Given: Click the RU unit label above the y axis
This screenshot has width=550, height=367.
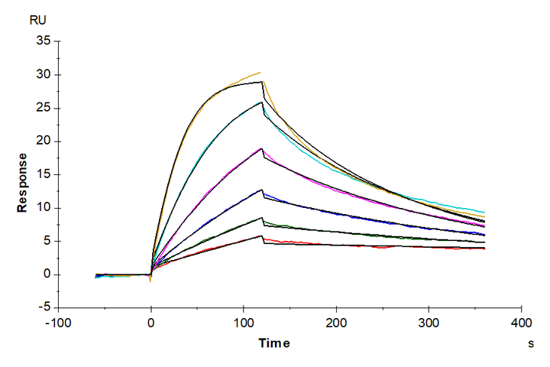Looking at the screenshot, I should pyautogui.click(x=37, y=21).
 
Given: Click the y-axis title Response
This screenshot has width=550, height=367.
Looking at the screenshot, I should pyautogui.click(x=24, y=181).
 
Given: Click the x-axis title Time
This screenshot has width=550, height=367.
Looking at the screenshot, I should pyautogui.click(x=273, y=343).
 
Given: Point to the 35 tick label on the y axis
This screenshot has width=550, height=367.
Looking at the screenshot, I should pyautogui.click(x=44, y=41).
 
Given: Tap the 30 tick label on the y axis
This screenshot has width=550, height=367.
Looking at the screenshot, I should pyautogui.click(x=44, y=75).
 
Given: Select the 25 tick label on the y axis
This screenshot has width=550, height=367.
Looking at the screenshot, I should pyautogui.click(x=44, y=108).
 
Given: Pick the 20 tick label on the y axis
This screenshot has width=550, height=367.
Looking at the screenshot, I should pyautogui.click(x=44, y=141).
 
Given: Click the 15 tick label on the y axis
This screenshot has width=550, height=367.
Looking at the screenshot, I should pyautogui.click(x=44, y=174).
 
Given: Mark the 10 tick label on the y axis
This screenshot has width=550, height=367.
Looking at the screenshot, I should pyautogui.click(x=44, y=208).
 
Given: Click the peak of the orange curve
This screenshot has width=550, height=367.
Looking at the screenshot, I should pyautogui.click(x=260, y=73).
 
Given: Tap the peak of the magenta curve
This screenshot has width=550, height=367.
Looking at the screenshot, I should pyautogui.click(x=261, y=148).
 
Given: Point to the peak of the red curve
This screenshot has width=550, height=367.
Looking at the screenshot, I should pyautogui.click(x=262, y=236).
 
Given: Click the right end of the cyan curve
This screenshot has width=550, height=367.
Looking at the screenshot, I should pyautogui.click(x=484, y=213).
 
